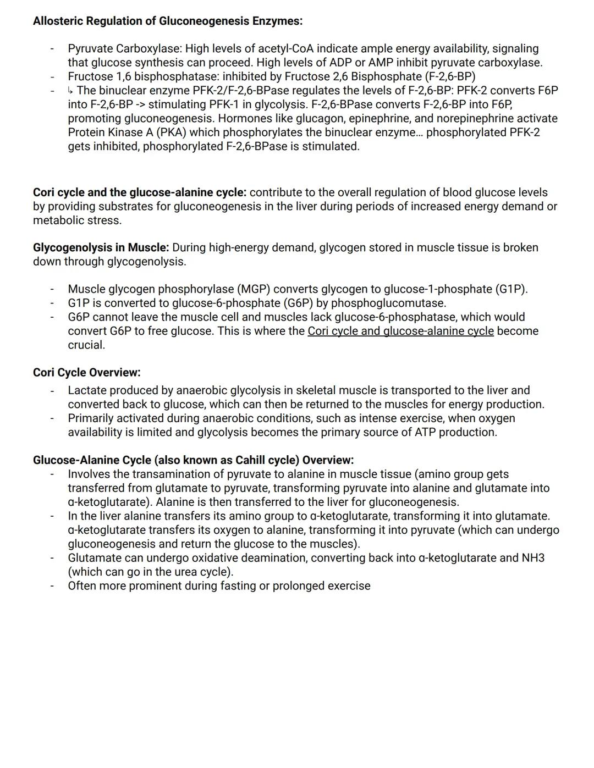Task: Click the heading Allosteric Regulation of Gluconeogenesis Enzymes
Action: coord(167,21)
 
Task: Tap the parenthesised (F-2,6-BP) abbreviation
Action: coord(450,76)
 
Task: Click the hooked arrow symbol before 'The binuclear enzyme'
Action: coord(71,90)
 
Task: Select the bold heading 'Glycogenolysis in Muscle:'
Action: coord(101,248)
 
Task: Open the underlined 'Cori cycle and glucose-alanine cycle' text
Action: coord(400,331)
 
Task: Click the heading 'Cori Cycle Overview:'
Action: coord(86,373)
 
